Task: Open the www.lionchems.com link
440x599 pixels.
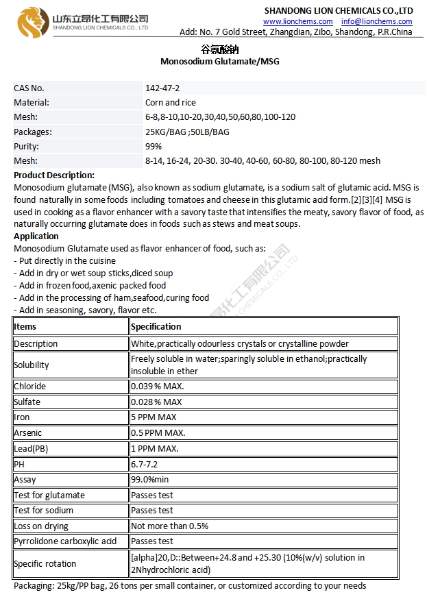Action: (x=298, y=21)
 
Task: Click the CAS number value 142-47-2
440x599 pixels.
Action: (x=162, y=88)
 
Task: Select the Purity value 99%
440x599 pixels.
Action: (x=154, y=146)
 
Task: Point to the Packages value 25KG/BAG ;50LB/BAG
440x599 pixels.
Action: (x=187, y=132)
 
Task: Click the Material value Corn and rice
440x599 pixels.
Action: (x=171, y=103)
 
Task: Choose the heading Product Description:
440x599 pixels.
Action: (x=54, y=175)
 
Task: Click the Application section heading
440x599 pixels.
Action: (x=36, y=236)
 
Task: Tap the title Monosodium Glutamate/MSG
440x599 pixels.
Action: (x=219, y=62)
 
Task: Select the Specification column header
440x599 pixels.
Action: (x=156, y=326)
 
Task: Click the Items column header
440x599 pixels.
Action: (x=25, y=326)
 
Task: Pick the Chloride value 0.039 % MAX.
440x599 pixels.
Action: (x=158, y=387)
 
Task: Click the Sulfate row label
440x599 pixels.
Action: (x=27, y=402)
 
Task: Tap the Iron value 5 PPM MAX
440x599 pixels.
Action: (x=154, y=417)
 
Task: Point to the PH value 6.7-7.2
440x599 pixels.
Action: (x=144, y=464)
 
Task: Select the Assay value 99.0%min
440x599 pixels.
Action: (x=150, y=480)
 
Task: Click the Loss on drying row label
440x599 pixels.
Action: (x=41, y=526)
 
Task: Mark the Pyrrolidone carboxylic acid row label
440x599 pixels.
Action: (x=66, y=541)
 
